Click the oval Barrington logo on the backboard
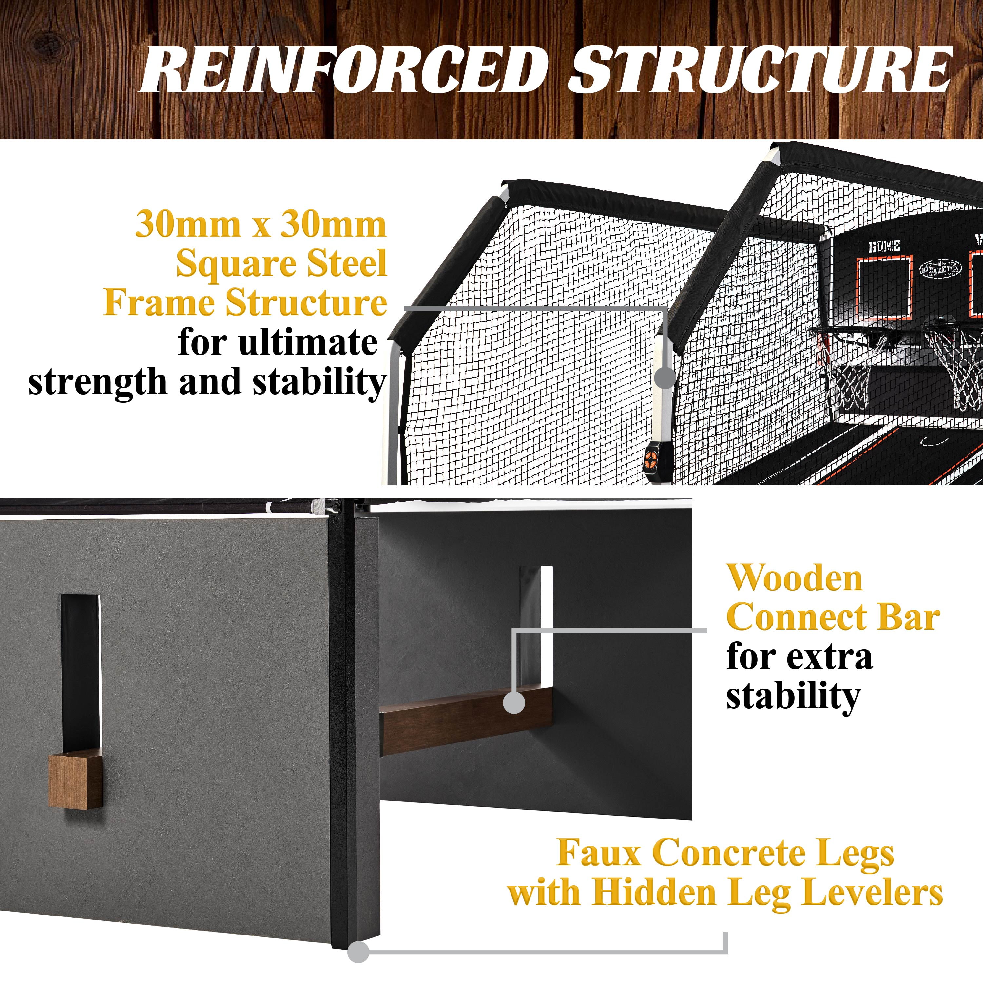pos(941,268)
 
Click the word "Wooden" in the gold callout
pos(794,579)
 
